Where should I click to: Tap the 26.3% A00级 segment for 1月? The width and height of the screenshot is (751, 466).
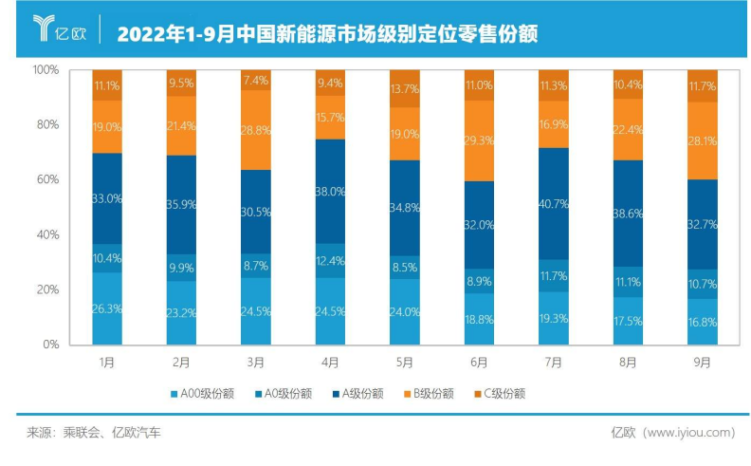(x=107, y=308)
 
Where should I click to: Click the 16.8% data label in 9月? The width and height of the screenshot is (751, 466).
(x=702, y=321)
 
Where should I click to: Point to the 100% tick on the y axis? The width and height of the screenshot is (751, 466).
(x=46, y=70)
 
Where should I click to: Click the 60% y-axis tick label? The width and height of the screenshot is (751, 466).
(x=48, y=179)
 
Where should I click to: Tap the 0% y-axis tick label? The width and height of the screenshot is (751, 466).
(x=52, y=345)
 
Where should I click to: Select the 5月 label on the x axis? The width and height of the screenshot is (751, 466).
(x=405, y=363)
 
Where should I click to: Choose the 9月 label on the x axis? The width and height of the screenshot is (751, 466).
(x=702, y=363)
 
